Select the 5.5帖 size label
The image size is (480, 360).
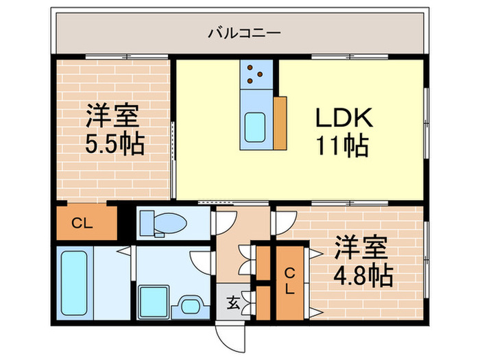click(x=114, y=144)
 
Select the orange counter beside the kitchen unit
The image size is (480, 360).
click(x=279, y=122)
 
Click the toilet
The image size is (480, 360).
click(x=164, y=223)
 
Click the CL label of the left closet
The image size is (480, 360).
click(x=82, y=224)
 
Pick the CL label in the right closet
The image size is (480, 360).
click(x=289, y=281)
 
